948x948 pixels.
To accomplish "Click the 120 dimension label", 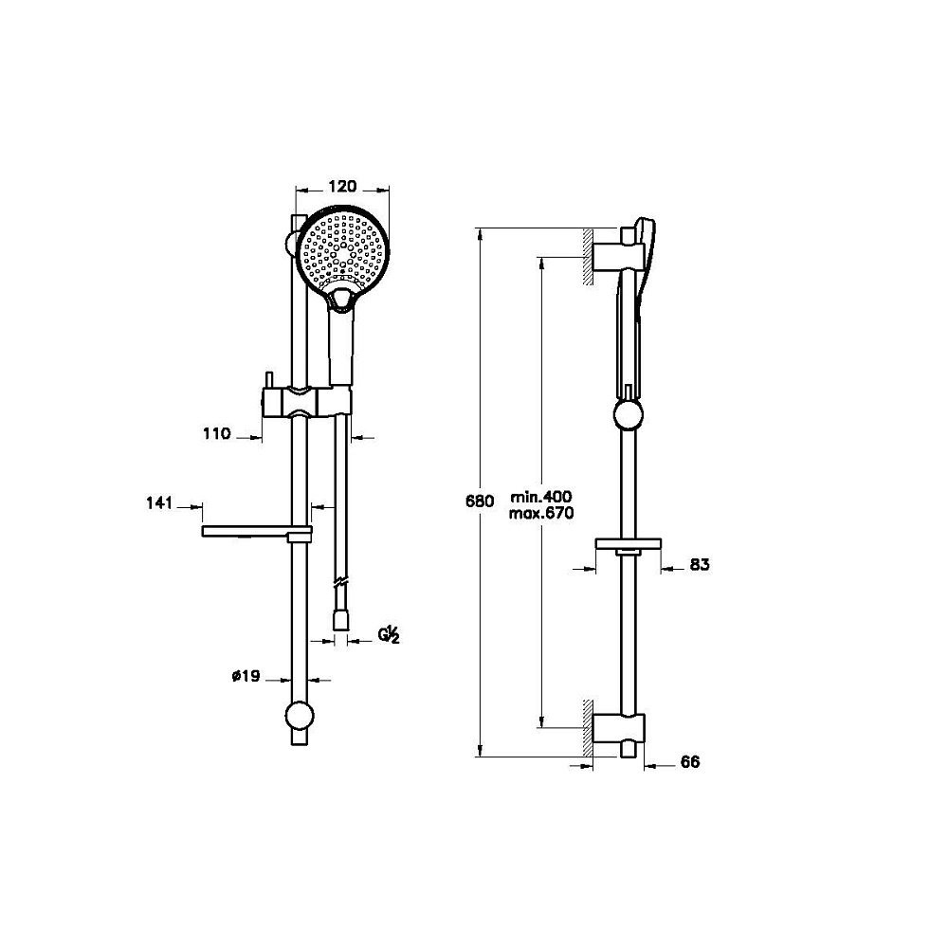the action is [x=343, y=186].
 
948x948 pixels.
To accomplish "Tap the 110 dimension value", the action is [x=217, y=433].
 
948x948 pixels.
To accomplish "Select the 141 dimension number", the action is [x=159, y=503].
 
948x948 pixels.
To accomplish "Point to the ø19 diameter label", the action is [x=246, y=676].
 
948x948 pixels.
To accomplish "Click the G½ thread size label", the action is [x=390, y=635].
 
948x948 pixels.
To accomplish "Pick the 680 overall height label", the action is [x=480, y=501].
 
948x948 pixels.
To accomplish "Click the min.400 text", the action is [x=541, y=497].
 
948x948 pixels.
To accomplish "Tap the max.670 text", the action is [x=541, y=514].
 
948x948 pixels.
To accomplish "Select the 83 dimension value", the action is [x=700, y=565].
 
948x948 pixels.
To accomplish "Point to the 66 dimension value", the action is [x=690, y=762].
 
